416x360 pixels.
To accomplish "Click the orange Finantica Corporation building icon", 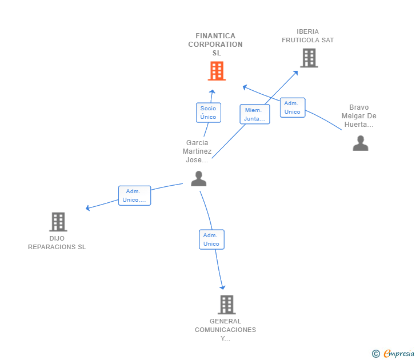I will (x=216, y=71).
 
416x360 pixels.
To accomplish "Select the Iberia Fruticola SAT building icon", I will (x=309, y=58).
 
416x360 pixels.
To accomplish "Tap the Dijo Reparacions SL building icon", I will (x=58, y=222).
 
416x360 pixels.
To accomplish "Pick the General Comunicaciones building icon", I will (x=226, y=305).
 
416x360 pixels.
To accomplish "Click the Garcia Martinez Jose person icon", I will (x=198, y=179).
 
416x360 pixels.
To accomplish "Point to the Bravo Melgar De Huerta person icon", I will (x=360, y=143).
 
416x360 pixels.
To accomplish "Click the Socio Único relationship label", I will (x=208, y=112).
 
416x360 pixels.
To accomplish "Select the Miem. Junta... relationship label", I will (x=255, y=114).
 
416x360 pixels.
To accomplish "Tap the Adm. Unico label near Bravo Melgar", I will (x=292, y=107).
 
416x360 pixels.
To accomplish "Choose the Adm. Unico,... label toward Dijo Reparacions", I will (x=134, y=195).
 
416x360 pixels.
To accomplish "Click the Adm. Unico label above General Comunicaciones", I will (x=211, y=239).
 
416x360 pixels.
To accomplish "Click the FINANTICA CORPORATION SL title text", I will (x=215, y=45).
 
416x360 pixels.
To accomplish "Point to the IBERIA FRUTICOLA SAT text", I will (x=308, y=36).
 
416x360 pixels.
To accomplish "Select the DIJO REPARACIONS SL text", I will (x=57, y=242).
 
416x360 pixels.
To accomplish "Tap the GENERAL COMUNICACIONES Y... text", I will (x=226, y=330).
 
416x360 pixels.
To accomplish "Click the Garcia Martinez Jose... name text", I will (x=197, y=151).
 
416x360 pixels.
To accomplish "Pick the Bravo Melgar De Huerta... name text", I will (x=359, y=116).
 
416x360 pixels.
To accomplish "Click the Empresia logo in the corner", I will (x=394, y=354).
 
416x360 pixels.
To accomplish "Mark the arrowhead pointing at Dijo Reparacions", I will (x=87, y=208).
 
